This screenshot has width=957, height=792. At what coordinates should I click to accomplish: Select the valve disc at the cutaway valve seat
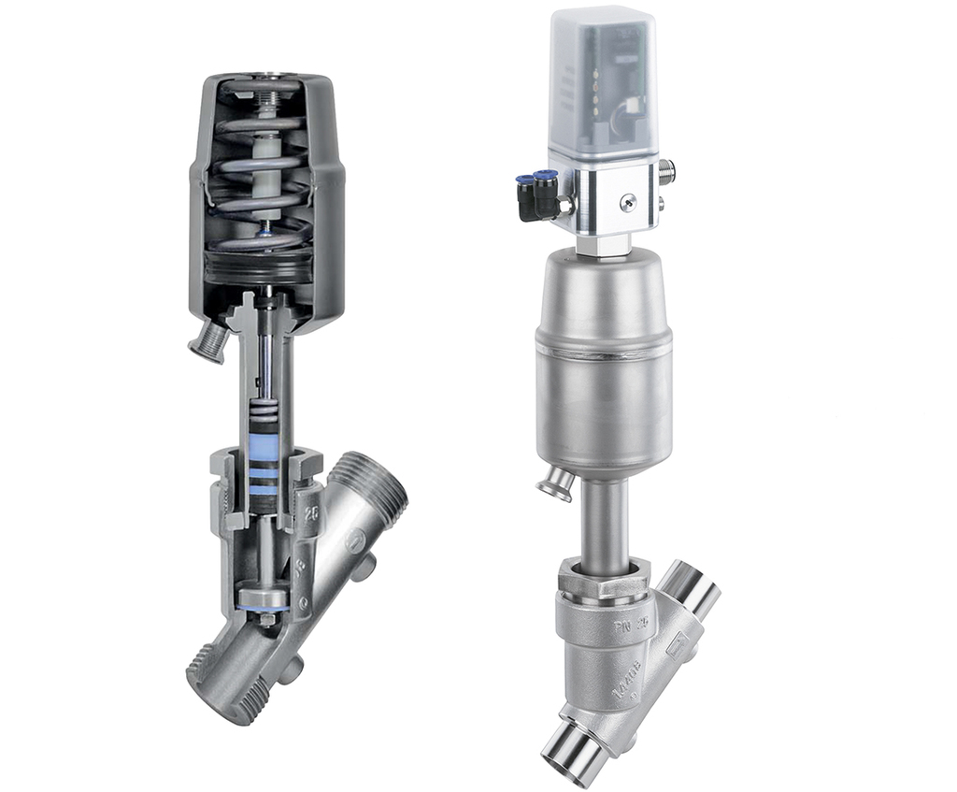click(264, 598)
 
